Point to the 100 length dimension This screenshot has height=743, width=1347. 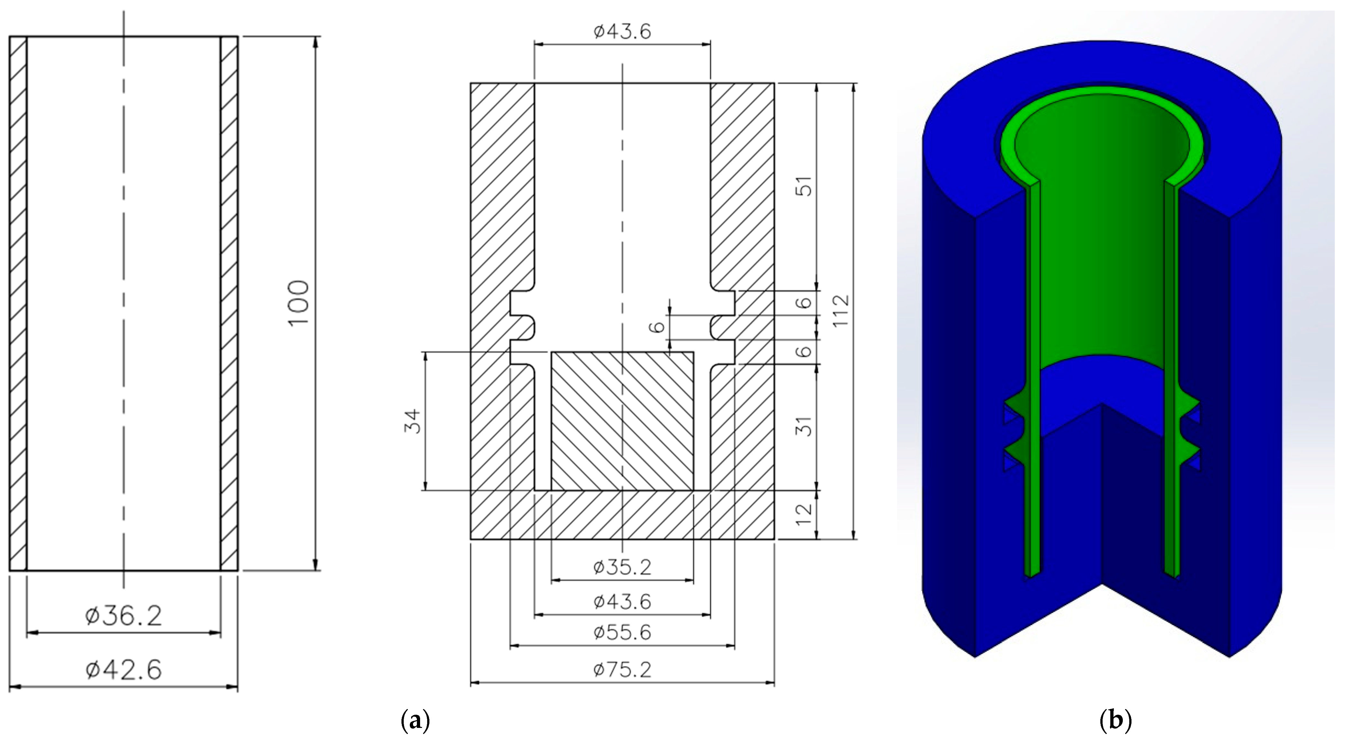click(x=299, y=303)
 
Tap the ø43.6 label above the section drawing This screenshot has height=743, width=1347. click(x=622, y=32)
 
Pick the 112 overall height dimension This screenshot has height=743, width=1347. click(x=841, y=311)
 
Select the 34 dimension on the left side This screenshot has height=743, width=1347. click(x=413, y=421)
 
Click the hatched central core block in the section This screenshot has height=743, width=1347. click(x=622, y=421)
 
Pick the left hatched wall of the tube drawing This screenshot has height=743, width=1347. click(x=18, y=303)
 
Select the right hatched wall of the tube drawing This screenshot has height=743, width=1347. click(x=229, y=303)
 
